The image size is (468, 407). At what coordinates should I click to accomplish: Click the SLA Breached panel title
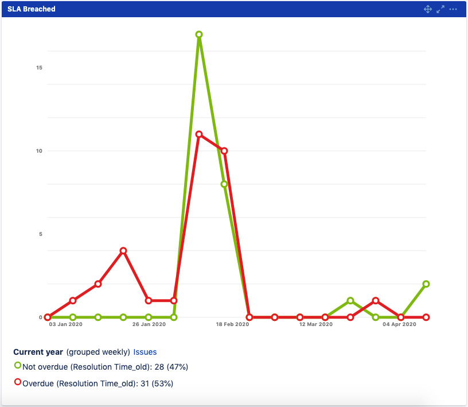pos(32,9)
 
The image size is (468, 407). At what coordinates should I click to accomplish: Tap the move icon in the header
pos(427,9)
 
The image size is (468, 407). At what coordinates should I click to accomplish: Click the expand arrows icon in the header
pos(440,9)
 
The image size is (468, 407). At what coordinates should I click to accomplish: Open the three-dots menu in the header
pos(453,9)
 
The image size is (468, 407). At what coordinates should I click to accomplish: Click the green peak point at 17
pos(199,34)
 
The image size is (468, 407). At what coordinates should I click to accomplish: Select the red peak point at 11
pos(199,134)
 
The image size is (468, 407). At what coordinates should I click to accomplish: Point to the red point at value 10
pos(224,151)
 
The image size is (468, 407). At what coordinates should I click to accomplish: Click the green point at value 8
pos(224,184)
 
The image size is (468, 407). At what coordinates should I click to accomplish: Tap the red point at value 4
pos(123,251)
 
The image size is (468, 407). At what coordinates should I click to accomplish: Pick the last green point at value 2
pos(426,284)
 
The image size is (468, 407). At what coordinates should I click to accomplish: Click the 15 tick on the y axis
pos(39,68)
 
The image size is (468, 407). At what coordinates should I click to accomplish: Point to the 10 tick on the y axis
pos(39,151)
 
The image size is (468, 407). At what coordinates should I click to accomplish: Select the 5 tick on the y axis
pos(40,234)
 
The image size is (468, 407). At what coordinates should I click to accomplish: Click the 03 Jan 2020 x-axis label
pos(65,325)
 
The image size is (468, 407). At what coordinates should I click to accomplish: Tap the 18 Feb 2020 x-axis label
pos(232,325)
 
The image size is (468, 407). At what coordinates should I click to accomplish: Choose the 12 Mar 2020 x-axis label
pos(316,325)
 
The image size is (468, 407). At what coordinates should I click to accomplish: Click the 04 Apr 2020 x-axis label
pos(399,325)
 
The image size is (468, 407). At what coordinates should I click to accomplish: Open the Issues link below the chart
pos(145,352)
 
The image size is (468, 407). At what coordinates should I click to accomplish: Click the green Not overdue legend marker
pos(18,365)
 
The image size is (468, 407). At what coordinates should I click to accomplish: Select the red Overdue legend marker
pos(18,382)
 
